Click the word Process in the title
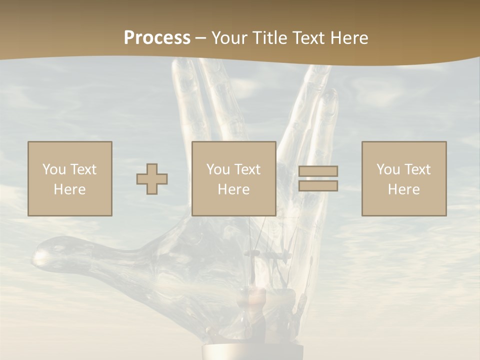[157, 38]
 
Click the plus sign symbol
[152, 178]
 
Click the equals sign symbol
[318, 178]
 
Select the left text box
[70, 178]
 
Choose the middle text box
[234, 178]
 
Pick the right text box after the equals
[404, 178]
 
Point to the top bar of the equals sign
[318, 171]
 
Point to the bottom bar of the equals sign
[318, 186]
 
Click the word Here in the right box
[404, 189]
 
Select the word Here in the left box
[70, 189]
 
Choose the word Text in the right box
[417, 169]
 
